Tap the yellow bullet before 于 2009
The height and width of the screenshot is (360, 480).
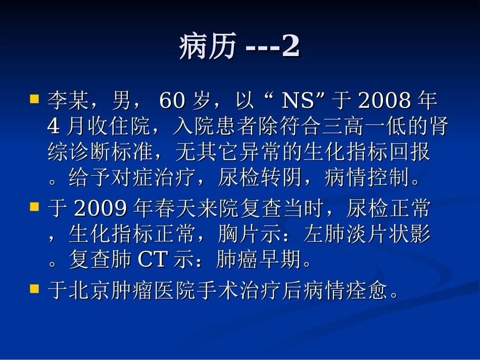click(35, 207)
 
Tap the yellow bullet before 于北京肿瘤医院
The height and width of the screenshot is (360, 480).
click(35, 289)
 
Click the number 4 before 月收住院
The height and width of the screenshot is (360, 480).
click(53, 127)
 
